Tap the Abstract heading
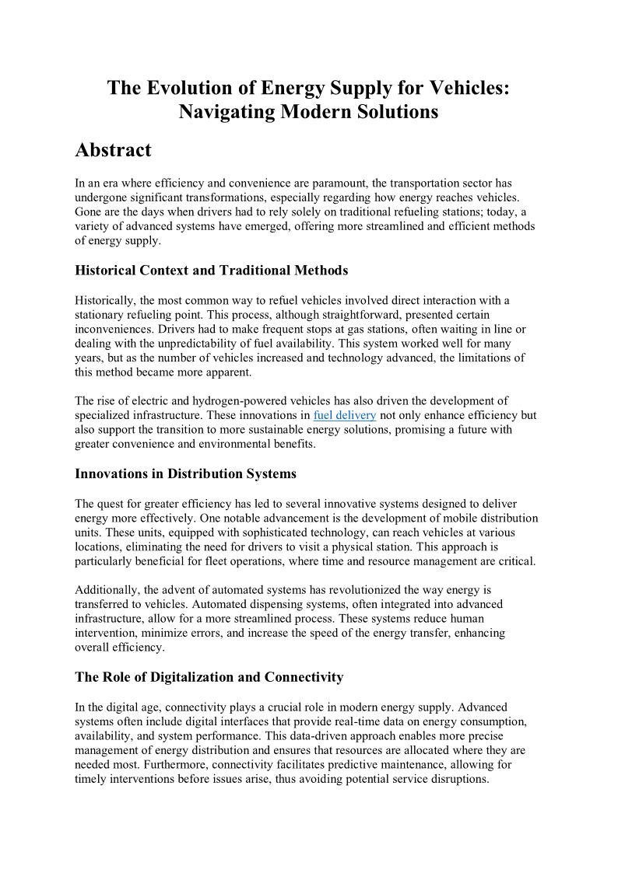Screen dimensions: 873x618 tap(113, 150)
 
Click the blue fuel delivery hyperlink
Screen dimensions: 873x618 tap(344, 415)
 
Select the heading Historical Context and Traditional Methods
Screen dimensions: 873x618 tap(211, 271)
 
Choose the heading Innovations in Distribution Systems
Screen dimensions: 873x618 tap(185, 473)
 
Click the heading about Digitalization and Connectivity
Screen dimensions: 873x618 tap(209, 677)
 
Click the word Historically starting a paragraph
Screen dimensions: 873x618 tap(107, 300)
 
